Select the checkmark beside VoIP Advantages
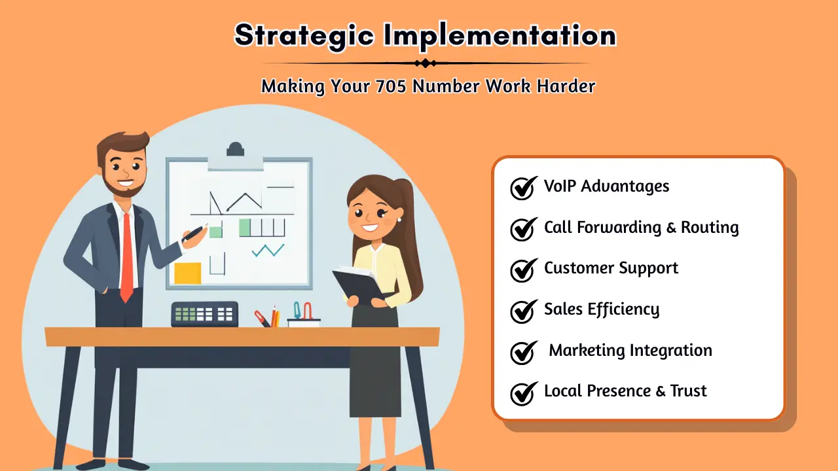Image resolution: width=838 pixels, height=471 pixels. click(523, 188)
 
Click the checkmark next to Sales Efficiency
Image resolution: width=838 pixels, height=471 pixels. click(523, 311)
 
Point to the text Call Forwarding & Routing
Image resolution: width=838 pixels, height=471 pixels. click(641, 228)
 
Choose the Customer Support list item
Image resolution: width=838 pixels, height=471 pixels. click(611, 268)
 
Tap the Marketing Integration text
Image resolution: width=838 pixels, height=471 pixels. click(630, 351)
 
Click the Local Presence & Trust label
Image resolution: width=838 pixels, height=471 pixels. click(625, 391)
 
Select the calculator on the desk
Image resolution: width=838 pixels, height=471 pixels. click(204, 314)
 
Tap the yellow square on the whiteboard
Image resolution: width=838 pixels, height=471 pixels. click(188, 273)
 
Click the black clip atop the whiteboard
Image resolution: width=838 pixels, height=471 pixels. click(235, 150)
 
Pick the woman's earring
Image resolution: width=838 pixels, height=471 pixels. click(398, 220)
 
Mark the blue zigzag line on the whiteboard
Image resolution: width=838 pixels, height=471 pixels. click(268, 250)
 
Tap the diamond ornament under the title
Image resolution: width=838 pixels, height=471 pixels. click(426, 63)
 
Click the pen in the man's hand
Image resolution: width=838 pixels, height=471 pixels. click(195, 233)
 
